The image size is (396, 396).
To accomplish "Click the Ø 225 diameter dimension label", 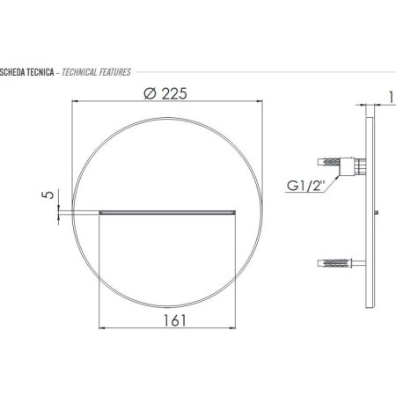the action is (165, 94).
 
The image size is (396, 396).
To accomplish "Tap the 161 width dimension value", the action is (174, 320).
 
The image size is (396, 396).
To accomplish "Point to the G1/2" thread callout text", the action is (306, 186).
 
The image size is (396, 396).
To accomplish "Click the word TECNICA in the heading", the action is (40, 72).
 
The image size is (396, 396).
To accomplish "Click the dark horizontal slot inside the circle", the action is (167, 212).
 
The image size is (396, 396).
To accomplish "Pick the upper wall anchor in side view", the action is (328, 162).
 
